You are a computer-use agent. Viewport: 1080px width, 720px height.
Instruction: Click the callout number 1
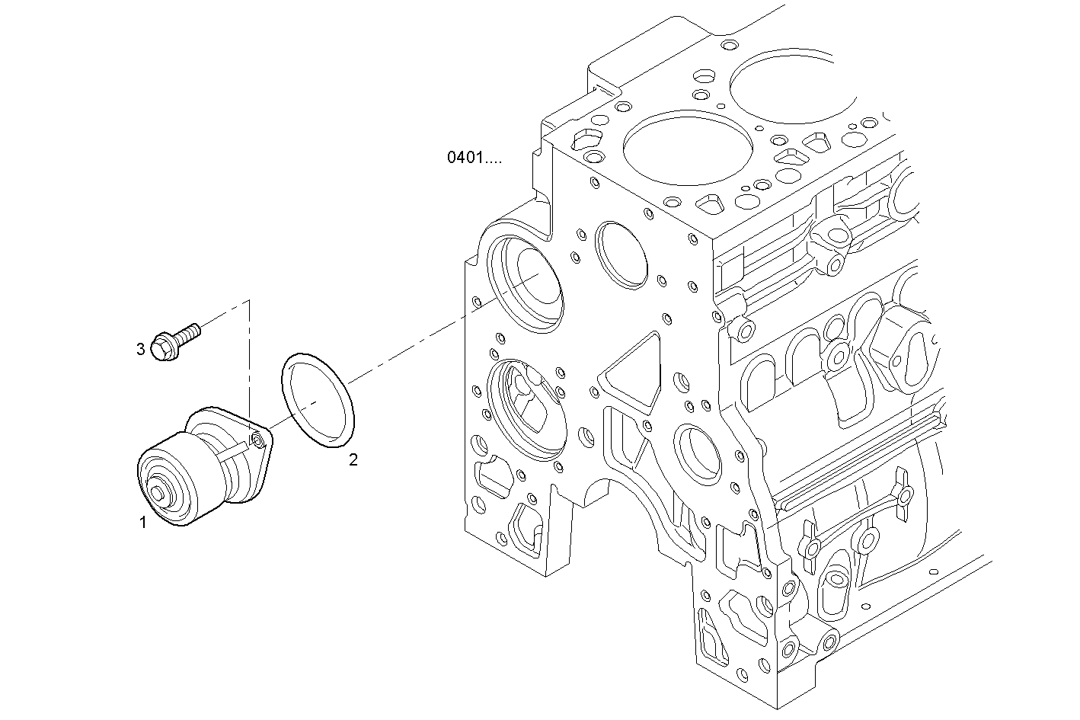pos(142,523)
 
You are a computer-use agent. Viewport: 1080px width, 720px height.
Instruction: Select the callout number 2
pos(353,459)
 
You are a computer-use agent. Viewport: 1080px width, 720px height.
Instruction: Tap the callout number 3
pos(140,349)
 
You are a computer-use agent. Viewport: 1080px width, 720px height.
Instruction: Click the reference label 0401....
pos(474,158)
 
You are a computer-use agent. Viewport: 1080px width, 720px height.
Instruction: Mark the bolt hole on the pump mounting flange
pos(259,440)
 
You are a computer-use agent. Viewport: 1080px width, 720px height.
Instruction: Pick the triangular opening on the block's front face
pos(632,373)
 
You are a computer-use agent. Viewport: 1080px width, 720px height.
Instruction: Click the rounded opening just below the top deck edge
pos(621,255)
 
